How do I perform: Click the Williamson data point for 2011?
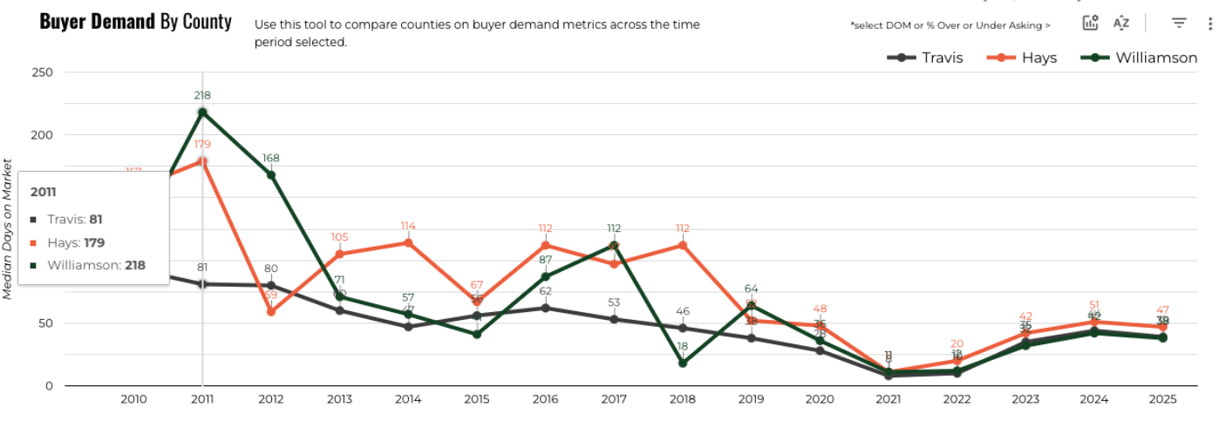[x=202, y=112]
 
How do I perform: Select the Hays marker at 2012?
[x=271, y=311]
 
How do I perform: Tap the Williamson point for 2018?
[x=683, y=363]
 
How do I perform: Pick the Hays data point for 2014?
[x=408, y=242]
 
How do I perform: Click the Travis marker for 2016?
[x=545, y=308]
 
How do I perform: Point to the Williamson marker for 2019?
[x=751, y=305]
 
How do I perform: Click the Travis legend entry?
[x=925, y=58]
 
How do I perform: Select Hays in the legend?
[x=1021, y=58]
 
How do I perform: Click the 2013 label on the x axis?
[x=339, y=399]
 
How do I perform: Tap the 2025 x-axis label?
[x=1162, y=399]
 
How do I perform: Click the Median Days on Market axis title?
[x=8, y=229]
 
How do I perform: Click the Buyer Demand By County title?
[x=136, y=22]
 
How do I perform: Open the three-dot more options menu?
[x=1210, y=24]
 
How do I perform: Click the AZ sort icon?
[x=1121, y=24]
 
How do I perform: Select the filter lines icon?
[x=1179, y=24]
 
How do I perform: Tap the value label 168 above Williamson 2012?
[x=271, y=159]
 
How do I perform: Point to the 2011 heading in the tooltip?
[x=44, y=192]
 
